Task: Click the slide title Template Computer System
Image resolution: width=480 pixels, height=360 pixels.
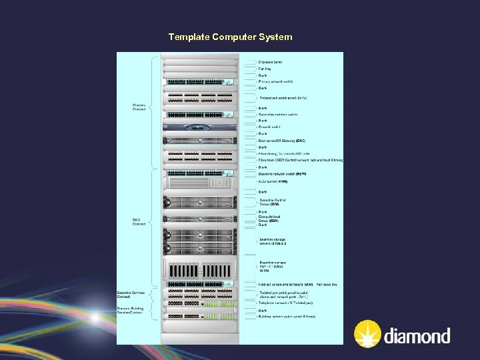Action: point(230,37)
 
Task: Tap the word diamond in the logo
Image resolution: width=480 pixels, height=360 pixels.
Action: point(417,335)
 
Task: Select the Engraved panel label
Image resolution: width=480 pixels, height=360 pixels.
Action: point(271,62)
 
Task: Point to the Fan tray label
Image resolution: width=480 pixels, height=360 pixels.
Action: point(265,69)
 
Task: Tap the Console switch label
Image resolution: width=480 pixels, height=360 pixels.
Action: point(270,127)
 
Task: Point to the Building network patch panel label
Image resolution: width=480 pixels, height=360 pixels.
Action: point(287,316)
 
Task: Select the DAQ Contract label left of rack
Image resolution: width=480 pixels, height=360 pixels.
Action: point(139,222)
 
